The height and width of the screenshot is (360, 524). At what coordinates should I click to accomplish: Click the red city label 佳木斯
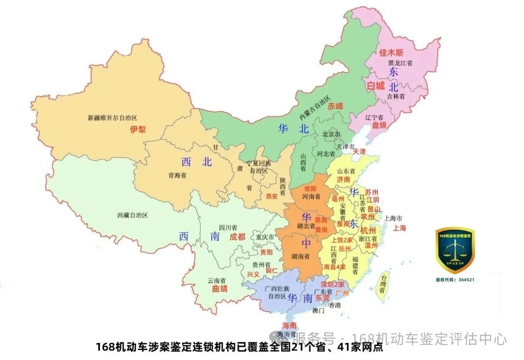(391, 52)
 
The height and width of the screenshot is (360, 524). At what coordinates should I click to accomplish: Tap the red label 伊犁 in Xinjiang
(138, 130)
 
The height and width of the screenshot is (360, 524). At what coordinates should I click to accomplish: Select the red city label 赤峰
(335, 106)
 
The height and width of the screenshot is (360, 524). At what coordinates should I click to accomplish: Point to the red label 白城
(375, 86)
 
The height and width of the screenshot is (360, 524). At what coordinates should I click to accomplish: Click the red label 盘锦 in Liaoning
(379, 125)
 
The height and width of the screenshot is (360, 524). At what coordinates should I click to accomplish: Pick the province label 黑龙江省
(400, 63)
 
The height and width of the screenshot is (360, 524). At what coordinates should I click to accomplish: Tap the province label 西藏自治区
(132, 215)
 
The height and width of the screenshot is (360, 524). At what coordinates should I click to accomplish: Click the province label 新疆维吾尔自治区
(112, 118)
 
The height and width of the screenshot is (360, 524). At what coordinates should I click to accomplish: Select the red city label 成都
(237, 237)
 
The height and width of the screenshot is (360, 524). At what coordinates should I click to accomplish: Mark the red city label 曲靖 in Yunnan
(220, 289)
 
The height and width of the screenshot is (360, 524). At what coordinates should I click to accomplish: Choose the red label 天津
(359, 151)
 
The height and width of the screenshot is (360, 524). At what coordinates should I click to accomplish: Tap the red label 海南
(289, 326)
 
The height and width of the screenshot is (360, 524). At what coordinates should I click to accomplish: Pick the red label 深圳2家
(332, 284)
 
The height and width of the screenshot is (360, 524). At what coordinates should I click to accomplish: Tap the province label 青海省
(177, 175)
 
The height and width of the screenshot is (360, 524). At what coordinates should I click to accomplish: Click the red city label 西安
(272, 196)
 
